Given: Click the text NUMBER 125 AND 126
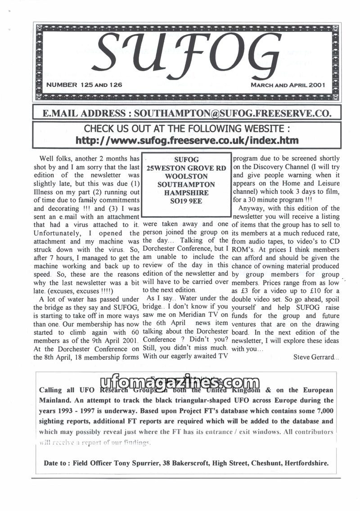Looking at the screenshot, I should pos(85,85).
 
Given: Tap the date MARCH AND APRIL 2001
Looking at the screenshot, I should pos(288,85).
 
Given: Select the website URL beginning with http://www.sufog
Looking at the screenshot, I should pos(187,140).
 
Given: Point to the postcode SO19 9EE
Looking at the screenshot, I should pos(187,201).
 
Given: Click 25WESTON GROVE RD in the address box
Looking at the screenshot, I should pos(187,167).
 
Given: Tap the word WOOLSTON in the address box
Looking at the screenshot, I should pos(187,176).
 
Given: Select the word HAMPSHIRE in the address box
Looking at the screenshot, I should pos(187,193).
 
